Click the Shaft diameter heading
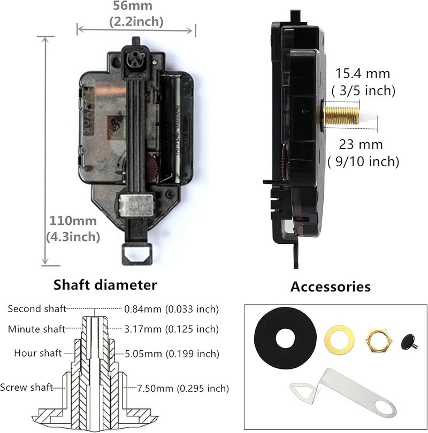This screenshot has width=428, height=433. (105, 285)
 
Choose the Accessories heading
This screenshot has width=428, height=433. (330, 287)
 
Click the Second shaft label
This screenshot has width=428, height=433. (36, 309)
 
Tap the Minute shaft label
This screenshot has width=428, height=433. (35, 329)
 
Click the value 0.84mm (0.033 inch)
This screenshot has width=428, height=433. (172, 309)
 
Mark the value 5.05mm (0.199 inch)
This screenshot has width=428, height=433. (172, 353)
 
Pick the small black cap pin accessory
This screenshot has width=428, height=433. (410, 339)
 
